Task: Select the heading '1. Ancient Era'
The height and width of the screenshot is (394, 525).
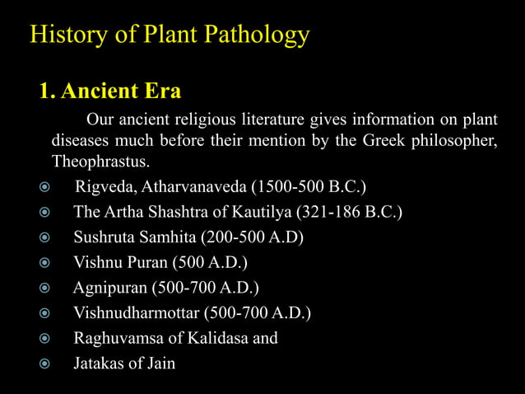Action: pos(109,90)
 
